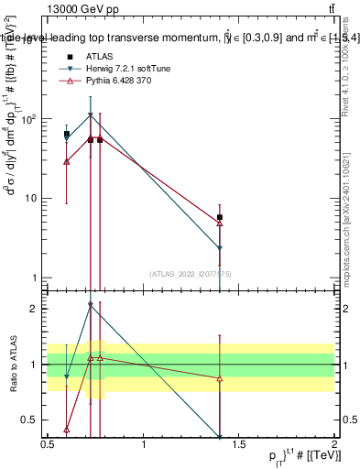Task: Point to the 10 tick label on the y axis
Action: coord(29,198)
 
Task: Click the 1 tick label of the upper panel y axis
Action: coord(33,278)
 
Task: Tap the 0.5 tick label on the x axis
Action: coord(48,442)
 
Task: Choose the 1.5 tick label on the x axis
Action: coord(240,442)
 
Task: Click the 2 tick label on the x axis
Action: coord(333,442)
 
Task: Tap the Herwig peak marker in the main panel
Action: coord(90,115)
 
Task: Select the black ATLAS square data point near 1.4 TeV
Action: coord(220,217)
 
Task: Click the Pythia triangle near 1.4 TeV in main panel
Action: coord(220,223)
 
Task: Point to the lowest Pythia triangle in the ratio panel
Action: coord(67,429)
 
